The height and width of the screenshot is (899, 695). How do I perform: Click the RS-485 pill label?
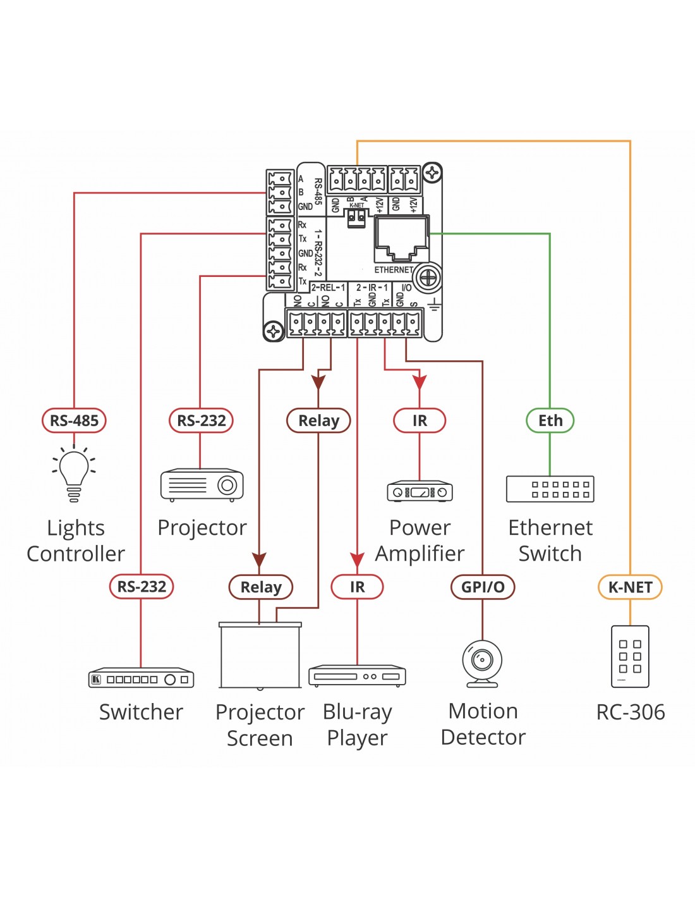point(74,420)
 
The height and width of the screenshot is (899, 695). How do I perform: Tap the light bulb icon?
point(74,475)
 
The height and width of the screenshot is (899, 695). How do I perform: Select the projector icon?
point(202,485)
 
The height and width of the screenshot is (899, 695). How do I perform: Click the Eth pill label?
point(550,420)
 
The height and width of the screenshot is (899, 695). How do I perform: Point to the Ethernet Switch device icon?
point(550,489)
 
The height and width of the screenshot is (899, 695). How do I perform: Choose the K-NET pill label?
point(630,587)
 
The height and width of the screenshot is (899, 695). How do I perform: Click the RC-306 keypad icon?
point(630,656)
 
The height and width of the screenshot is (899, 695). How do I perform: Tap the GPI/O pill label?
point(483,587)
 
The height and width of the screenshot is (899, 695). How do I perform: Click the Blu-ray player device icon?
point(357,676)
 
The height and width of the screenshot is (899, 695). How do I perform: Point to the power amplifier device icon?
point(420,491)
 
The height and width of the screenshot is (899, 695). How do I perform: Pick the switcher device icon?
point(141,678)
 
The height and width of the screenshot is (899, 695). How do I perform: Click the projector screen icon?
point(260,656)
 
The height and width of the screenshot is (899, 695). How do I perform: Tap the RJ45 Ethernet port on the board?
point(401,238)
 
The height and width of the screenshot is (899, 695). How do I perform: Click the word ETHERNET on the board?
point(394,270)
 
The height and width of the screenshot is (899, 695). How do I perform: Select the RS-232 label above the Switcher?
point(141,587)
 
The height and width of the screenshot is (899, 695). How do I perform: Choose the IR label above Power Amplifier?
point(420,420)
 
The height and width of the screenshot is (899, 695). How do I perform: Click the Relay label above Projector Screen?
point(260,587)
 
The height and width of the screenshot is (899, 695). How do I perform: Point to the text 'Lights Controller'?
point(76,541)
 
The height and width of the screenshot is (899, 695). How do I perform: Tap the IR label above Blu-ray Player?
point(357,587)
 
